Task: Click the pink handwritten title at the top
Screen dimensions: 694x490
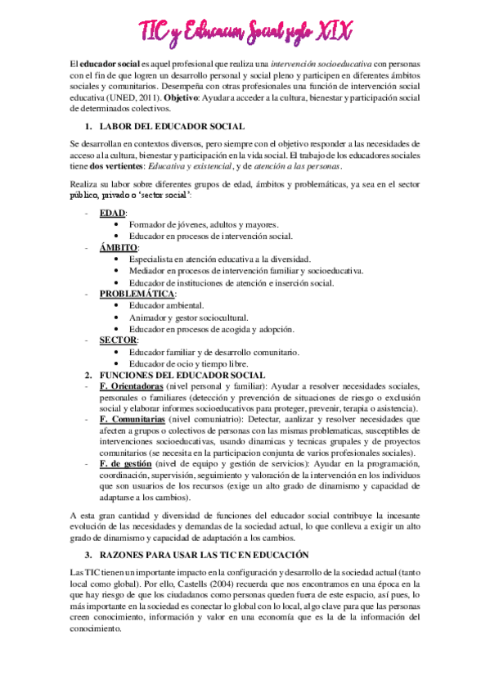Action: pos(246,31)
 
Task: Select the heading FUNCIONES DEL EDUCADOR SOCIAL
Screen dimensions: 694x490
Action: pos(175,375)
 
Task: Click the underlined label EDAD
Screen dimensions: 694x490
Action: pos(113,213)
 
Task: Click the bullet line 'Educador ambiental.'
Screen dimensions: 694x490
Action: pos(166,305)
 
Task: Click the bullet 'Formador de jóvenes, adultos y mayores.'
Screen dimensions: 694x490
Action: pos(205,224)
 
